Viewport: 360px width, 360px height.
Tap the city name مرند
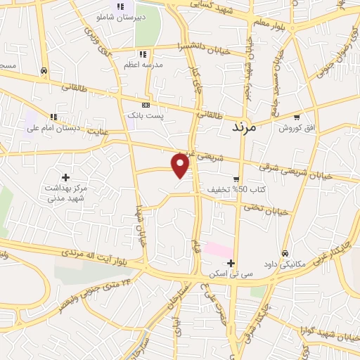(245, 129)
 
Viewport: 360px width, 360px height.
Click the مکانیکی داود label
(285, 264)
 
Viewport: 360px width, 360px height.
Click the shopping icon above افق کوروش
(297, 117)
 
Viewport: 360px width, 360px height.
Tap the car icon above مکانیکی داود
(285, 253)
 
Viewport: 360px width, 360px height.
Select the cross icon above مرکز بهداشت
(65, 178)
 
